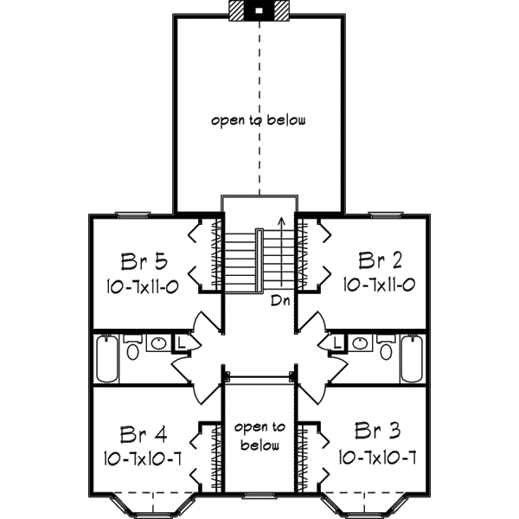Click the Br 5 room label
pyautogui.click(x=144, y=261)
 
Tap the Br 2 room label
pyautogui.click(x=381, y=260)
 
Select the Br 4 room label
pyautogui.click(x=144, y=434)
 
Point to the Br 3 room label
pyautogui.click(x=377, y=431)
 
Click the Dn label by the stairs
pyautogui.click(x=280, y=300)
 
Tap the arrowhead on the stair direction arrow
pyautogui.click(x=281, y=220)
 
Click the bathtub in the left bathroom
pyautogui.click(x=107, y=358)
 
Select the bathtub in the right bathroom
pyautogui.click(x=412, y=358)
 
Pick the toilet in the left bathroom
pyautogui.click(x=132, y=348)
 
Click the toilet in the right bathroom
pyautogui.click(x=386, y=348)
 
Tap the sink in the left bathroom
pyautogui.click(x=159, y=343)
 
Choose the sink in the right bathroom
pyautogui.click(x=360, y=343)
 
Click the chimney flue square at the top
pyautogui.click(x=259, y=10)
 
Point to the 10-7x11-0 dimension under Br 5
pyautogui.click(x=143, y=286)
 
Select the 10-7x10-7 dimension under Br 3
pyautogui.click(x=377, y=458)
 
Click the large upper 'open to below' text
pyautogui.click(x=259, y=121)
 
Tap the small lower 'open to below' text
pyautogui.click(x=259, y=436)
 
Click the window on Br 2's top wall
pyautogui.click(x=386, y=215)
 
